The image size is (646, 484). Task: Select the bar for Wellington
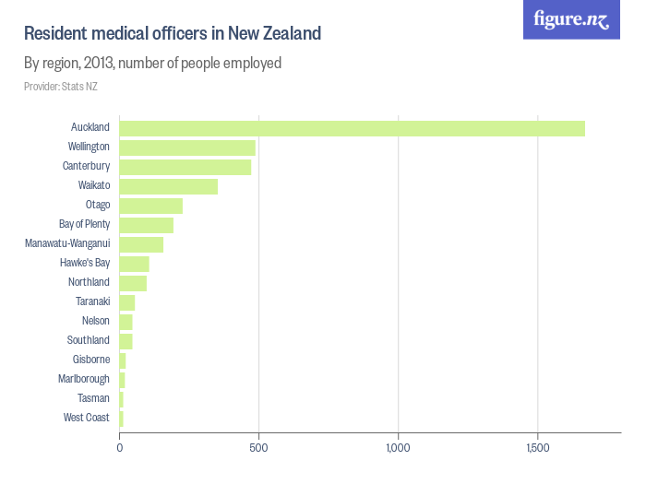click(187, 148)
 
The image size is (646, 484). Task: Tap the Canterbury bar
click(185, 167)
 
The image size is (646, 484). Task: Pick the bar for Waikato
click(169, 186)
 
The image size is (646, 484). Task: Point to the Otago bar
click(151, 206)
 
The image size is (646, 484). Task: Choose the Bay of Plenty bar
click(147, 225)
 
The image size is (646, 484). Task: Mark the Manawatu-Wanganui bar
click(141, 244)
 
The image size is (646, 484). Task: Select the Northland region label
click(89, 282)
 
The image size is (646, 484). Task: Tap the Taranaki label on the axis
click(92, 301)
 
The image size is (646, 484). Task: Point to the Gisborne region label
click(91, 360)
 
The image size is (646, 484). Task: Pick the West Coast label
click(87, 418)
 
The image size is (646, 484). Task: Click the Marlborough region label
click(84, 379)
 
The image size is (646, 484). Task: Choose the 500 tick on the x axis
click(259, 448)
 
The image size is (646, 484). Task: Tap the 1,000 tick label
click(398, 448)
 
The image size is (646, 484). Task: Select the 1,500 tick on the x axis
click(538, 448)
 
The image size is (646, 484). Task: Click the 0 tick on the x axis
click(120, 448)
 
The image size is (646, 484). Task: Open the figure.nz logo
click(571, 19)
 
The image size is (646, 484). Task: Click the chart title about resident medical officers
click(173, 34)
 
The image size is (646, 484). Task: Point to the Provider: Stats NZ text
click(61, 87)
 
